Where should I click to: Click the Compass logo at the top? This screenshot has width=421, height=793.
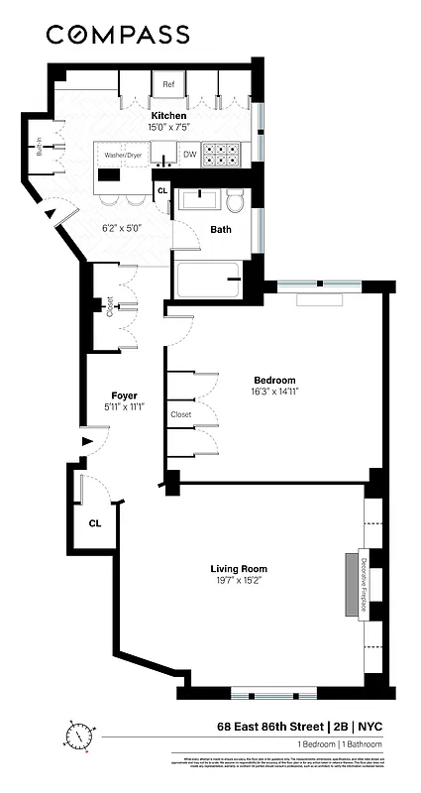118,35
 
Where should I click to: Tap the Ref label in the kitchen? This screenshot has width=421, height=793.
169,85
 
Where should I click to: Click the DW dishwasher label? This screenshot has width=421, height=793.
189,156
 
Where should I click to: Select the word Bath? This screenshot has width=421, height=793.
221,229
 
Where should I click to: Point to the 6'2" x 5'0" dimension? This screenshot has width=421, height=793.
124,227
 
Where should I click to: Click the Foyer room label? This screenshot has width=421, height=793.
124,396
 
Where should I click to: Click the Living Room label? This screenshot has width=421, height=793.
243,568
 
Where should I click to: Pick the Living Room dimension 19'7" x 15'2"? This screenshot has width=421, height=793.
243,581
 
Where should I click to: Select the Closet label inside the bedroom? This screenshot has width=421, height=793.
181,414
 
